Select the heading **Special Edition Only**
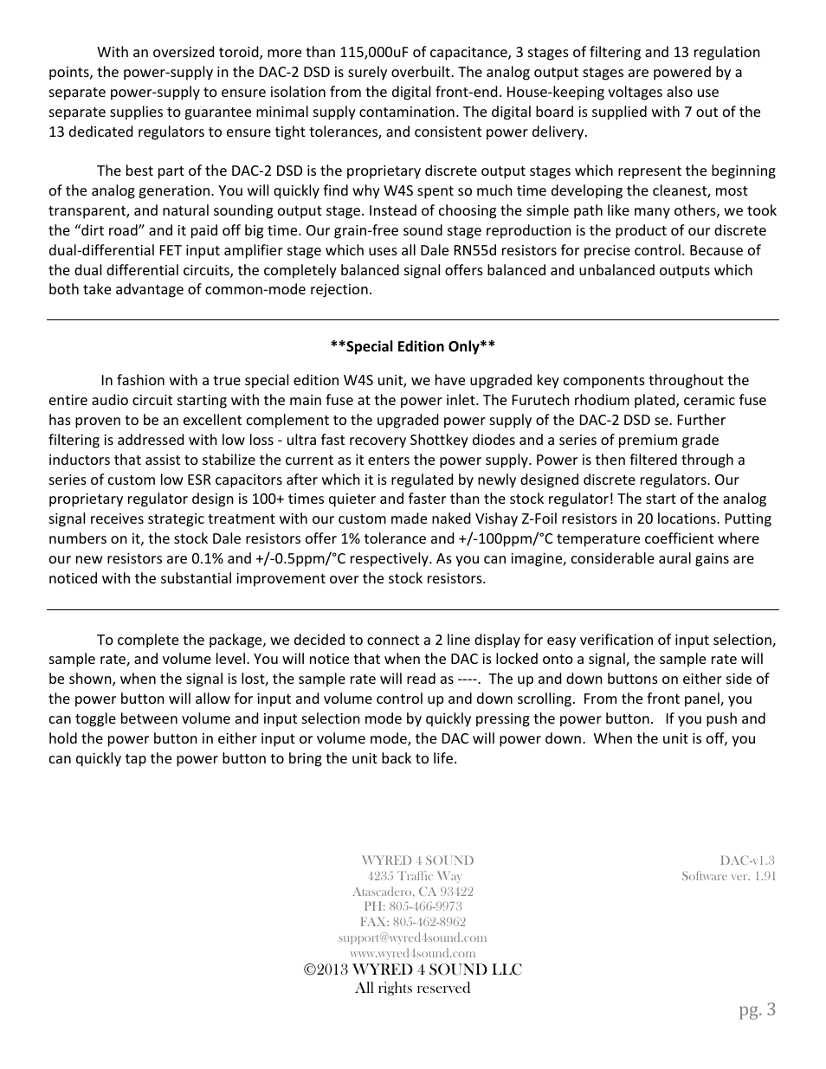(x=412, y=346)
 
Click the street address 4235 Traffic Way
(x=414, y=876)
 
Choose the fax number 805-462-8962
(x=429, y=922)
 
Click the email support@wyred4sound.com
(x=412, y=937)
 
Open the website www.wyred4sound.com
(x=412, y=953)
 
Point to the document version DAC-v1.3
(x=747, y=860)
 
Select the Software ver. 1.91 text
(x=728, y=876)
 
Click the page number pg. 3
(x=757, y=1009)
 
